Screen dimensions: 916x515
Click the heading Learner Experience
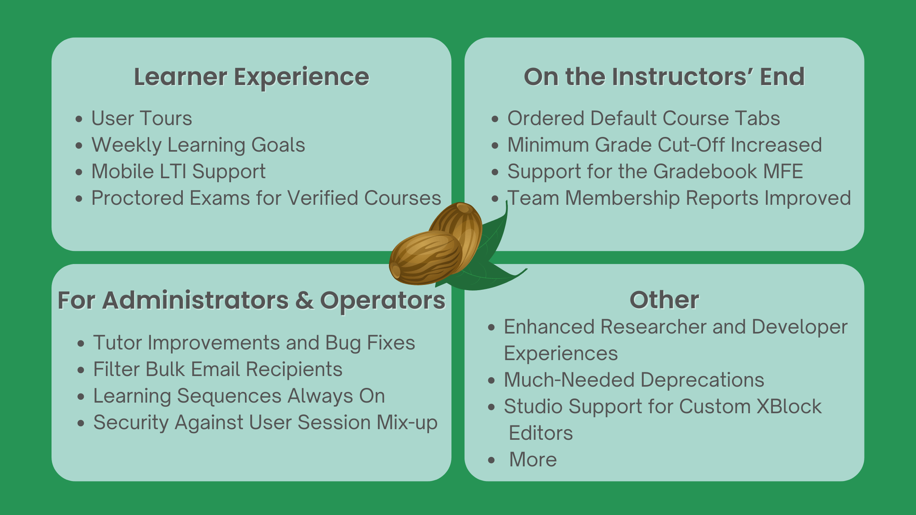[x=251, y=77]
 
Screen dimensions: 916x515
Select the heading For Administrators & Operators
[x=251, y=300]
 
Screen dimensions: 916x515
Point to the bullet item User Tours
[x=141, y=118]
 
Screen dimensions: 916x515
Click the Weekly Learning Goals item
[x=198, y=145]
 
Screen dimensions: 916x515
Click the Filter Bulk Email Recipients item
[x=218, y=369]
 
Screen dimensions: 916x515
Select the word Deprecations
[x=702, y=380]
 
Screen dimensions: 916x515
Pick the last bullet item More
[x=533, y=459]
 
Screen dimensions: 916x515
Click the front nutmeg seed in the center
[x=426, y=257]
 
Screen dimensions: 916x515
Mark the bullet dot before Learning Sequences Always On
[x=81, y=396]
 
